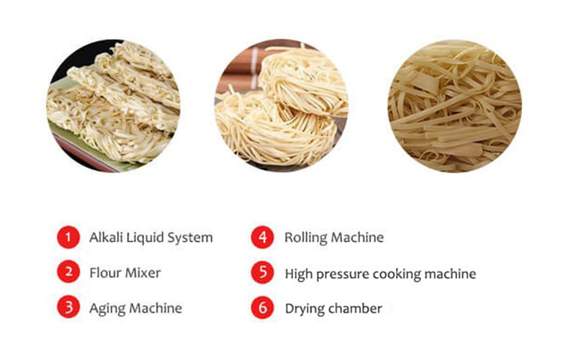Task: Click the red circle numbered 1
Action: point(68,237)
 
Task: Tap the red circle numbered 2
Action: point(68,272)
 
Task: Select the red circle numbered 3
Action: point(68,307)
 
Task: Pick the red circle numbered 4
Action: point(262,237)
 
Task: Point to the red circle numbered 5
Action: point(262,272)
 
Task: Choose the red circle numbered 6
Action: point(262,307)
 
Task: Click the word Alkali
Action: point(106,238)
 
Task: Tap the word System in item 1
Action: point(190,238)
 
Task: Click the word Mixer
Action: point(143,273)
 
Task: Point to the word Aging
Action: point(107,309)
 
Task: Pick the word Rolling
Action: point(305,238)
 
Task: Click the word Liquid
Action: point(145,238)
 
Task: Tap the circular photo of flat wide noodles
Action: point(455,106)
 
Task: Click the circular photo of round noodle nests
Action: point(282,105)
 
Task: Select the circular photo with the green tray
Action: point(113,106)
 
